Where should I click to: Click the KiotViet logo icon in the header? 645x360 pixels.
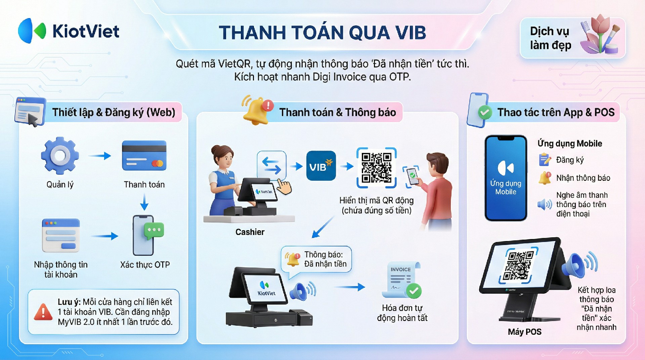click(32, 31)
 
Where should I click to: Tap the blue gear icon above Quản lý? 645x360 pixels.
click(60, 155)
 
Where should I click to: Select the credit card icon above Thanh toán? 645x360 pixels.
click(144, 156)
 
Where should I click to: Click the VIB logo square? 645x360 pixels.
click(321, 166)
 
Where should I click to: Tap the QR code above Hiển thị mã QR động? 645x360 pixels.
click(377, 168)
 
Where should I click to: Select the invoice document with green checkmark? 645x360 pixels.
click(401, 280)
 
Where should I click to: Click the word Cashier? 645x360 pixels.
click(250, 232)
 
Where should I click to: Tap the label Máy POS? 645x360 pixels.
click(525, 332)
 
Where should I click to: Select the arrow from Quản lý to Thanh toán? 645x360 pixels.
click(100, 156)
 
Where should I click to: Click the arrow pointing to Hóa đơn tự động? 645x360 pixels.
click(350, 287)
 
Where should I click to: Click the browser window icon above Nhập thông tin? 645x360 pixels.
click(61, 235)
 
